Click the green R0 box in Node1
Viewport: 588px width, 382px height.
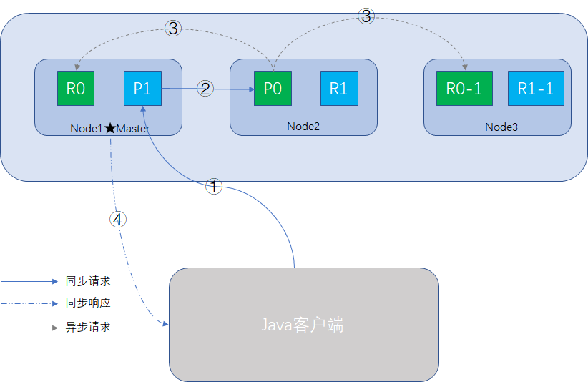click(75, 89)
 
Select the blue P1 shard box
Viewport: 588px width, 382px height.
click(142, 89)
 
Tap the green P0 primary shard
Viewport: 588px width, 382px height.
click(272, 89)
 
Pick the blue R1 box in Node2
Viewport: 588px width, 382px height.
click(338, 89)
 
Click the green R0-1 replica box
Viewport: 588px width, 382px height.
click(464, 89)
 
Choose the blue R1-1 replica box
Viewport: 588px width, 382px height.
click(536, 89)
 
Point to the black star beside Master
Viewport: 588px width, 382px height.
click(109, 129)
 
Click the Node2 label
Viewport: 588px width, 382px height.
click(303, 127)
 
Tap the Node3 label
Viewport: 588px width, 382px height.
click(501, 127)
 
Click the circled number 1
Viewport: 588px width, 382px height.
click(214, 187)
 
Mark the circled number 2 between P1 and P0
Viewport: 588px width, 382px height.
click(206, 89)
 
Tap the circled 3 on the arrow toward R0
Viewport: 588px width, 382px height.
click(173, 28)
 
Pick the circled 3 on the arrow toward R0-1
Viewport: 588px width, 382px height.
click(366, 16)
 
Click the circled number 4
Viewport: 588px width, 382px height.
click(118, 219)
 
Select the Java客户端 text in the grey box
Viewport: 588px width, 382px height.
click(302, 325)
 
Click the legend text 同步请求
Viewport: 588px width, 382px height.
click(88, 282)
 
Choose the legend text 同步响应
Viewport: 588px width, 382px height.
click(88, 303)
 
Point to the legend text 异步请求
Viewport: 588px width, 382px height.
click(88, 328)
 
